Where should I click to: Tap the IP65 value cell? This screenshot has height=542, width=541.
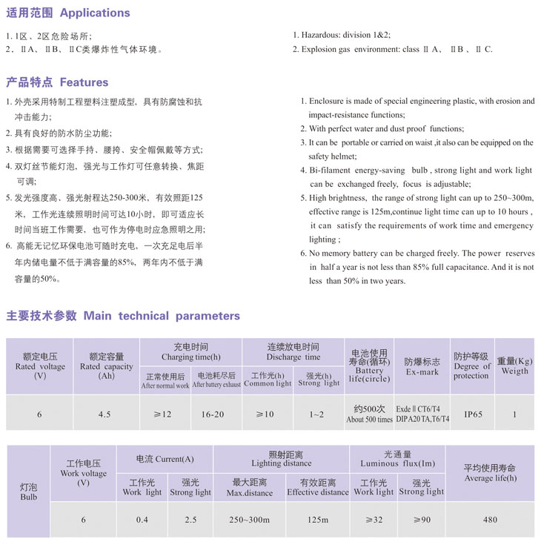point(471,414)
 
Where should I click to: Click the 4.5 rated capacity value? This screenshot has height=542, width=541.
point(106,414)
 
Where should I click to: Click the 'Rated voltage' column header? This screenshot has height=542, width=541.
point(40,366)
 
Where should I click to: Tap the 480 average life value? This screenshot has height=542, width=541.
point(489,520)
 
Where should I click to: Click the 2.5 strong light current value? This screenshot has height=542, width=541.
point(190,520)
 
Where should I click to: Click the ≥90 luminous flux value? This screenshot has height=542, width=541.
point(421,520)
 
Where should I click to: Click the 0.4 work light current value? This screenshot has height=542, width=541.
point(142,520)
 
